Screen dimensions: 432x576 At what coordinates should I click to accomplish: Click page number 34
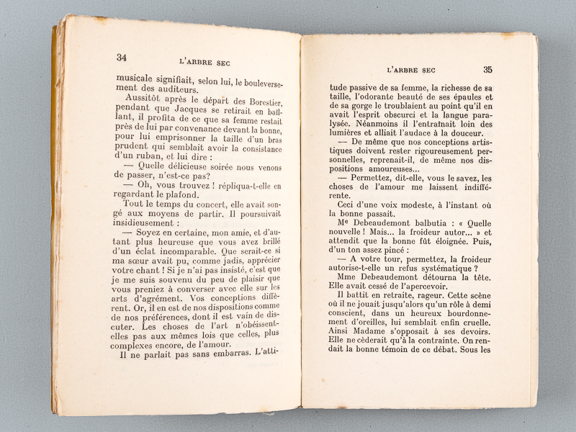pos(121,58)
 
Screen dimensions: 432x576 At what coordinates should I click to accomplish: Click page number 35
pos(487,70)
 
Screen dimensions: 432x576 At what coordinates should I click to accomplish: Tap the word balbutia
pos(415,223)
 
